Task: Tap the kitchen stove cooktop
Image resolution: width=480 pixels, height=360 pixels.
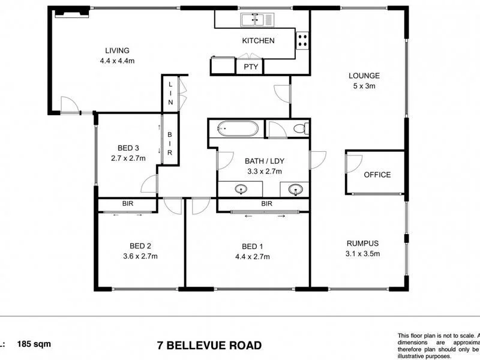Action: [x=302, y=40]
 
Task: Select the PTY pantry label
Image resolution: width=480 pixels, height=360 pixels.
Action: [x=251, y=67]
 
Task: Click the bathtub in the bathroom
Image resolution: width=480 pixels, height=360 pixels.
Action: [x=238, y=128]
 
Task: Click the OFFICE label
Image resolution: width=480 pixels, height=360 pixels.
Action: [x=377, y=175]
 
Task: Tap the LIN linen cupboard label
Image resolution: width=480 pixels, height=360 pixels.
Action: [x=170, y=95]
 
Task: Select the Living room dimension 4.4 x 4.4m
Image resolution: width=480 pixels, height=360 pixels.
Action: [x=117, y=60]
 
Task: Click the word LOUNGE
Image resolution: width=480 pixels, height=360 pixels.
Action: [x=364, y=76]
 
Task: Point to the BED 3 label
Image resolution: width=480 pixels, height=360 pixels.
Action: [x=128, y=148]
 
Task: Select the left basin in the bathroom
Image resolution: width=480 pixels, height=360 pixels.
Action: [x=241, y=190]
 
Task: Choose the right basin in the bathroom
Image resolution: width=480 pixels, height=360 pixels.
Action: [x=295, y=190]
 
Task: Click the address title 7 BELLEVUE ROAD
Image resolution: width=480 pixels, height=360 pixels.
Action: [x=209, y=345]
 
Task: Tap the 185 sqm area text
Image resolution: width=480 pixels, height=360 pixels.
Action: [x=35, y=344]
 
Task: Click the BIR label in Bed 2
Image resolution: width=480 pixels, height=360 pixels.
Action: [x=128, y=204]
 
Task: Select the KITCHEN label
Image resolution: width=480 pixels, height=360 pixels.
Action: [x=258, y=41]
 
